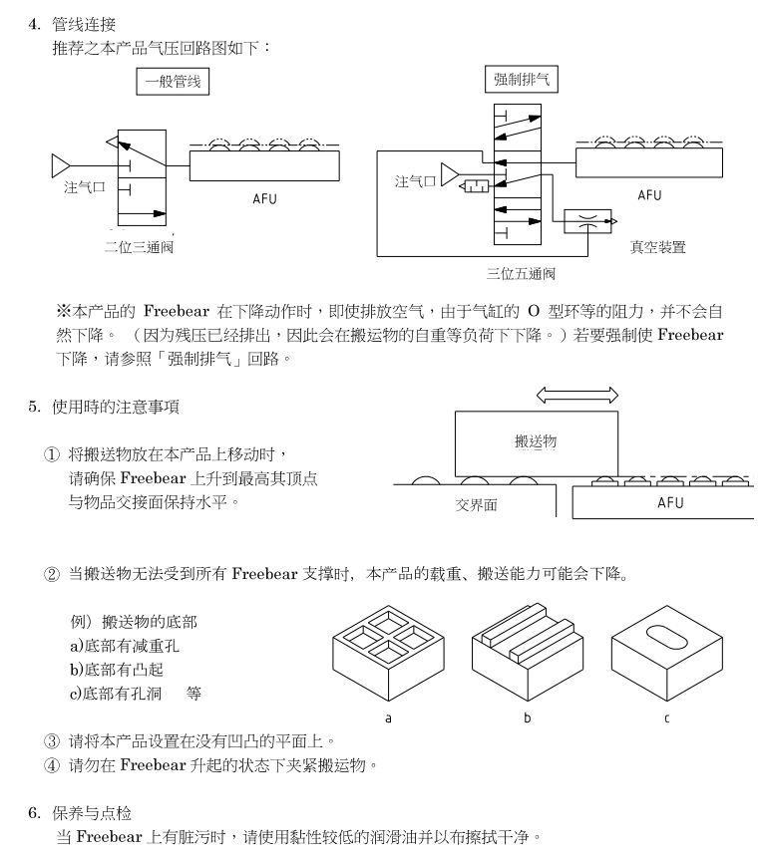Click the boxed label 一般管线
click(x=169, y=83)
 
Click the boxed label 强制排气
click(x=520, y=81)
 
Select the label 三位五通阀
click(x=520, y=272)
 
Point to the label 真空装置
click(x=657, y=246)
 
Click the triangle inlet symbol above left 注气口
click(x=61, y=162)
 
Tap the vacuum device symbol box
click(x=587, y=221)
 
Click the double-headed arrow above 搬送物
click(x=576, y=396)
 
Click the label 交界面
click(x=478, y=504)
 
